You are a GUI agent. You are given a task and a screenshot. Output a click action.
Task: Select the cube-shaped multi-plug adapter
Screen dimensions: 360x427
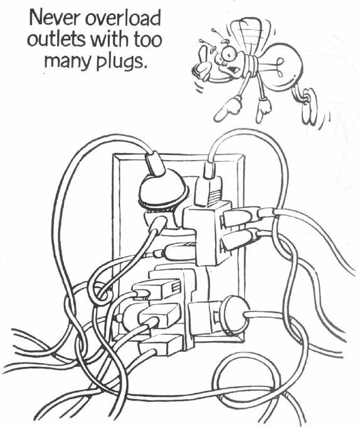point(208,232)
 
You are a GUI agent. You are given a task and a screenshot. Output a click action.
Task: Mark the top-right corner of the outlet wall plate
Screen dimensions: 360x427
point(244,155)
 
